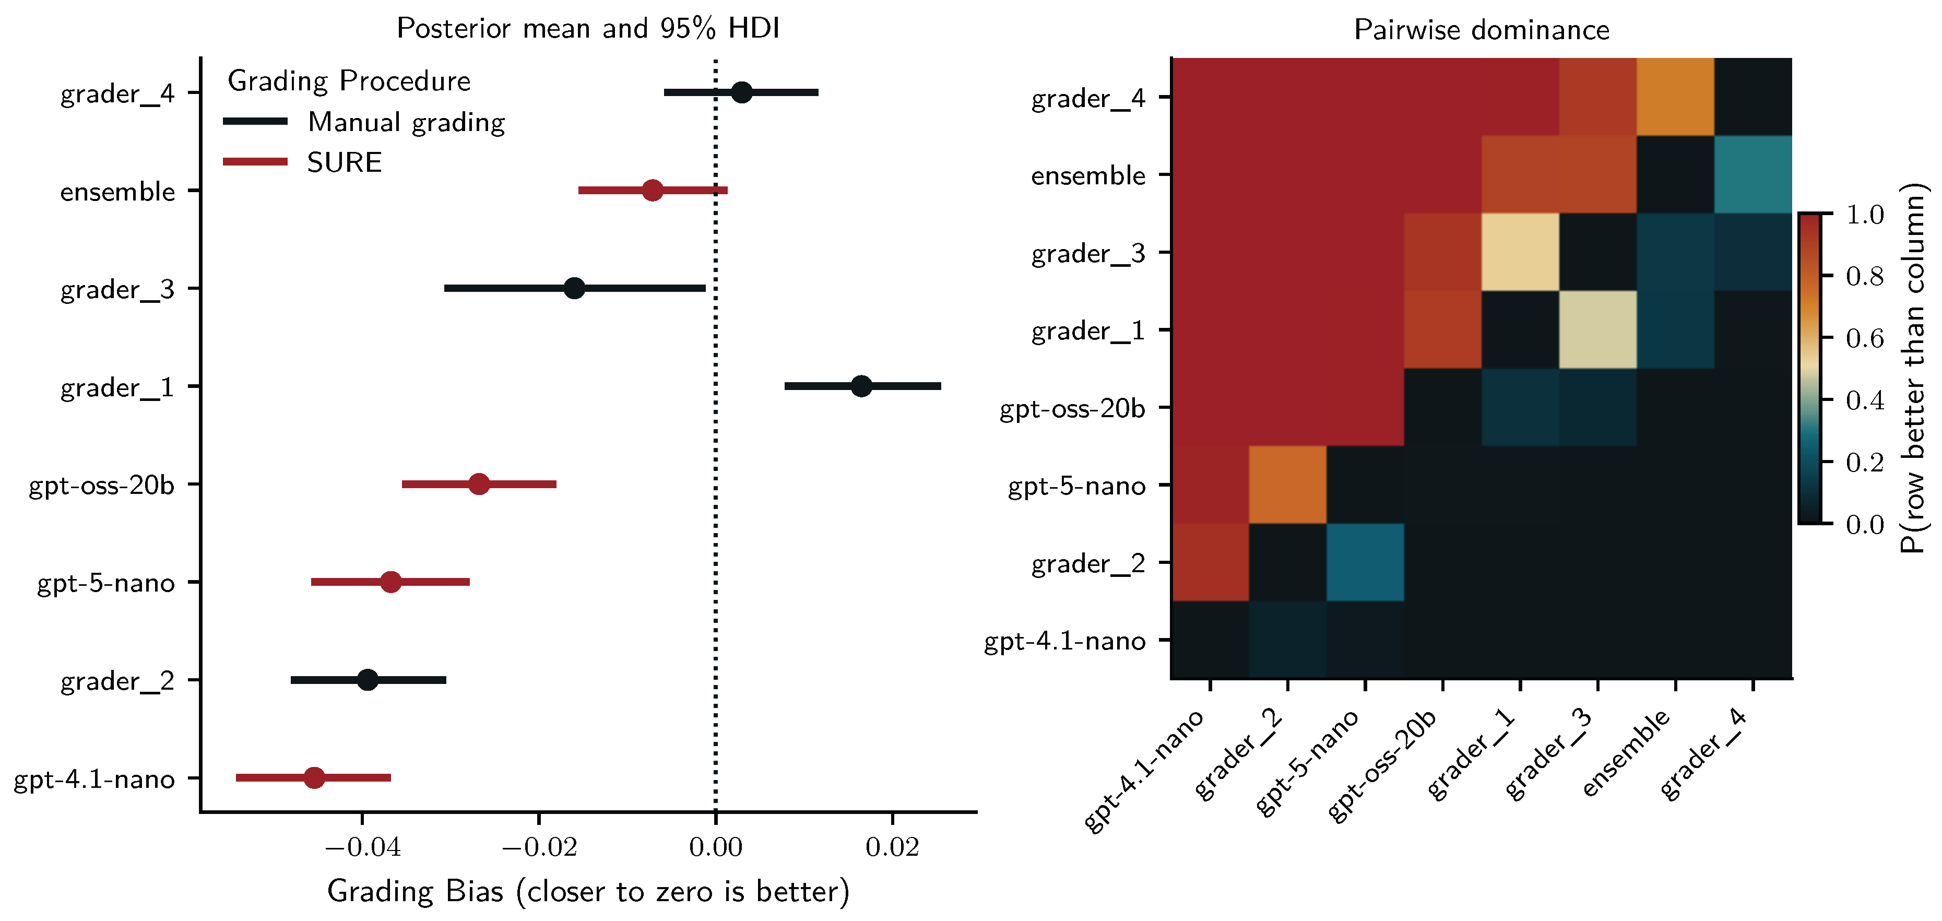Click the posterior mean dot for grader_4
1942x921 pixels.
[x=742, y=93]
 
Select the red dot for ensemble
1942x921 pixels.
[x=652, y=190]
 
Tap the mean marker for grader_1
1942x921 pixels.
[x=861, y=386]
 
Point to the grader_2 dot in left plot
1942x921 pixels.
[x=367, y=679]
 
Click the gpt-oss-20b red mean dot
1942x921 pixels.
[x=479, y=484]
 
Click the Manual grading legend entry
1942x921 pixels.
[x=406, y=122]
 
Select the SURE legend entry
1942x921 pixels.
[x=344, y=162]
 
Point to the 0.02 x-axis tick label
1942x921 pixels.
[x=892, y=847]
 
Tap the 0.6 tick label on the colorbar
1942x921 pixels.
[x=1864, y=338]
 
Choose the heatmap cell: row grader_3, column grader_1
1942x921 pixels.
[x=1520, y=252]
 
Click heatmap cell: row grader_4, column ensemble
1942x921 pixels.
[x=1675, y=97]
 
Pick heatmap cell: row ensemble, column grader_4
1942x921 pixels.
[x=1753, y=174]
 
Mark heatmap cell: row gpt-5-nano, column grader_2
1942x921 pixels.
[x=1287, y=485]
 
